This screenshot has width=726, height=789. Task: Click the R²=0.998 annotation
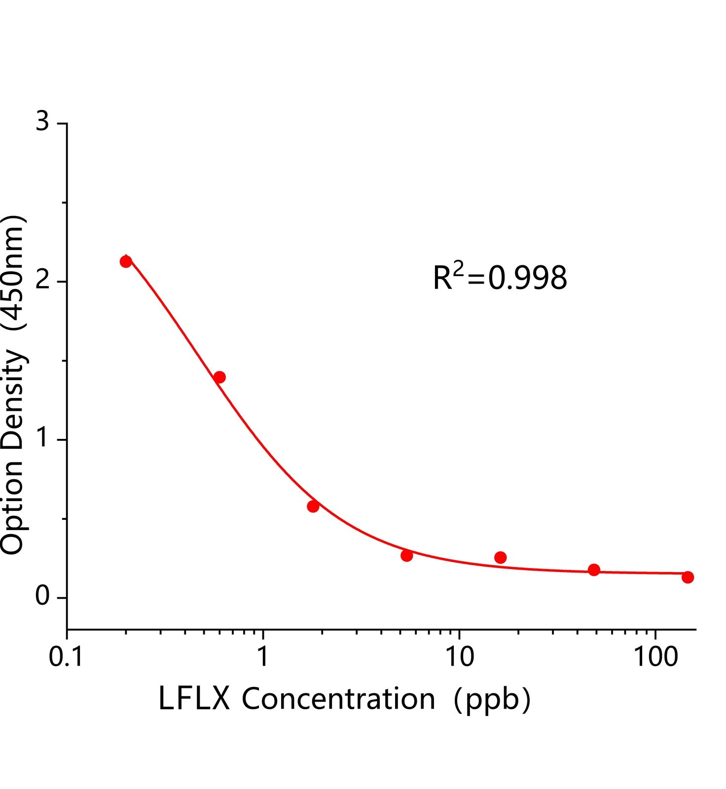500,277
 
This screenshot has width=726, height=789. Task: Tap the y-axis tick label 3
43,121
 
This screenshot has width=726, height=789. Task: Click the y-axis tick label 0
43,596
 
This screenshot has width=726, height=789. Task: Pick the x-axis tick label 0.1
66,657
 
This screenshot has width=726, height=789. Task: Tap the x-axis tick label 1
263,657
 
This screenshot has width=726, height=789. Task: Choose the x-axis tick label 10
459,657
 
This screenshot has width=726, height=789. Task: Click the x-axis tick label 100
655,657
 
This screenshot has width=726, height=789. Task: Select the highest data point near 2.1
126,261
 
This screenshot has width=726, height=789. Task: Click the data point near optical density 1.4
219,377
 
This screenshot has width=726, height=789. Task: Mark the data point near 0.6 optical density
313,506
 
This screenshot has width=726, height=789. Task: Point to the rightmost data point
688,577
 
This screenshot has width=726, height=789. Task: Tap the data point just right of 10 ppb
500,558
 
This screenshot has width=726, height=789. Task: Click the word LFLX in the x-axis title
194,699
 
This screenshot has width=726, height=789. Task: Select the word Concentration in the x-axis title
338,699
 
